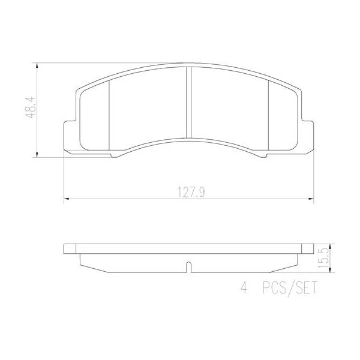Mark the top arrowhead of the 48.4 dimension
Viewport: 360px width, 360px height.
coord(38,64)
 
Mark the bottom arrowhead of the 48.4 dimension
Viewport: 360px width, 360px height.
coord(38,155)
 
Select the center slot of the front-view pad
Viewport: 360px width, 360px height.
coord(188,102)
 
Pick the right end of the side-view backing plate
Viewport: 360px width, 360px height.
coord(311,249)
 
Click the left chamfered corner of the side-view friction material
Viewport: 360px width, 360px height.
coord(81,260)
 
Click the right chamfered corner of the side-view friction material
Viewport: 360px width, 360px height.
coord(296,260)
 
